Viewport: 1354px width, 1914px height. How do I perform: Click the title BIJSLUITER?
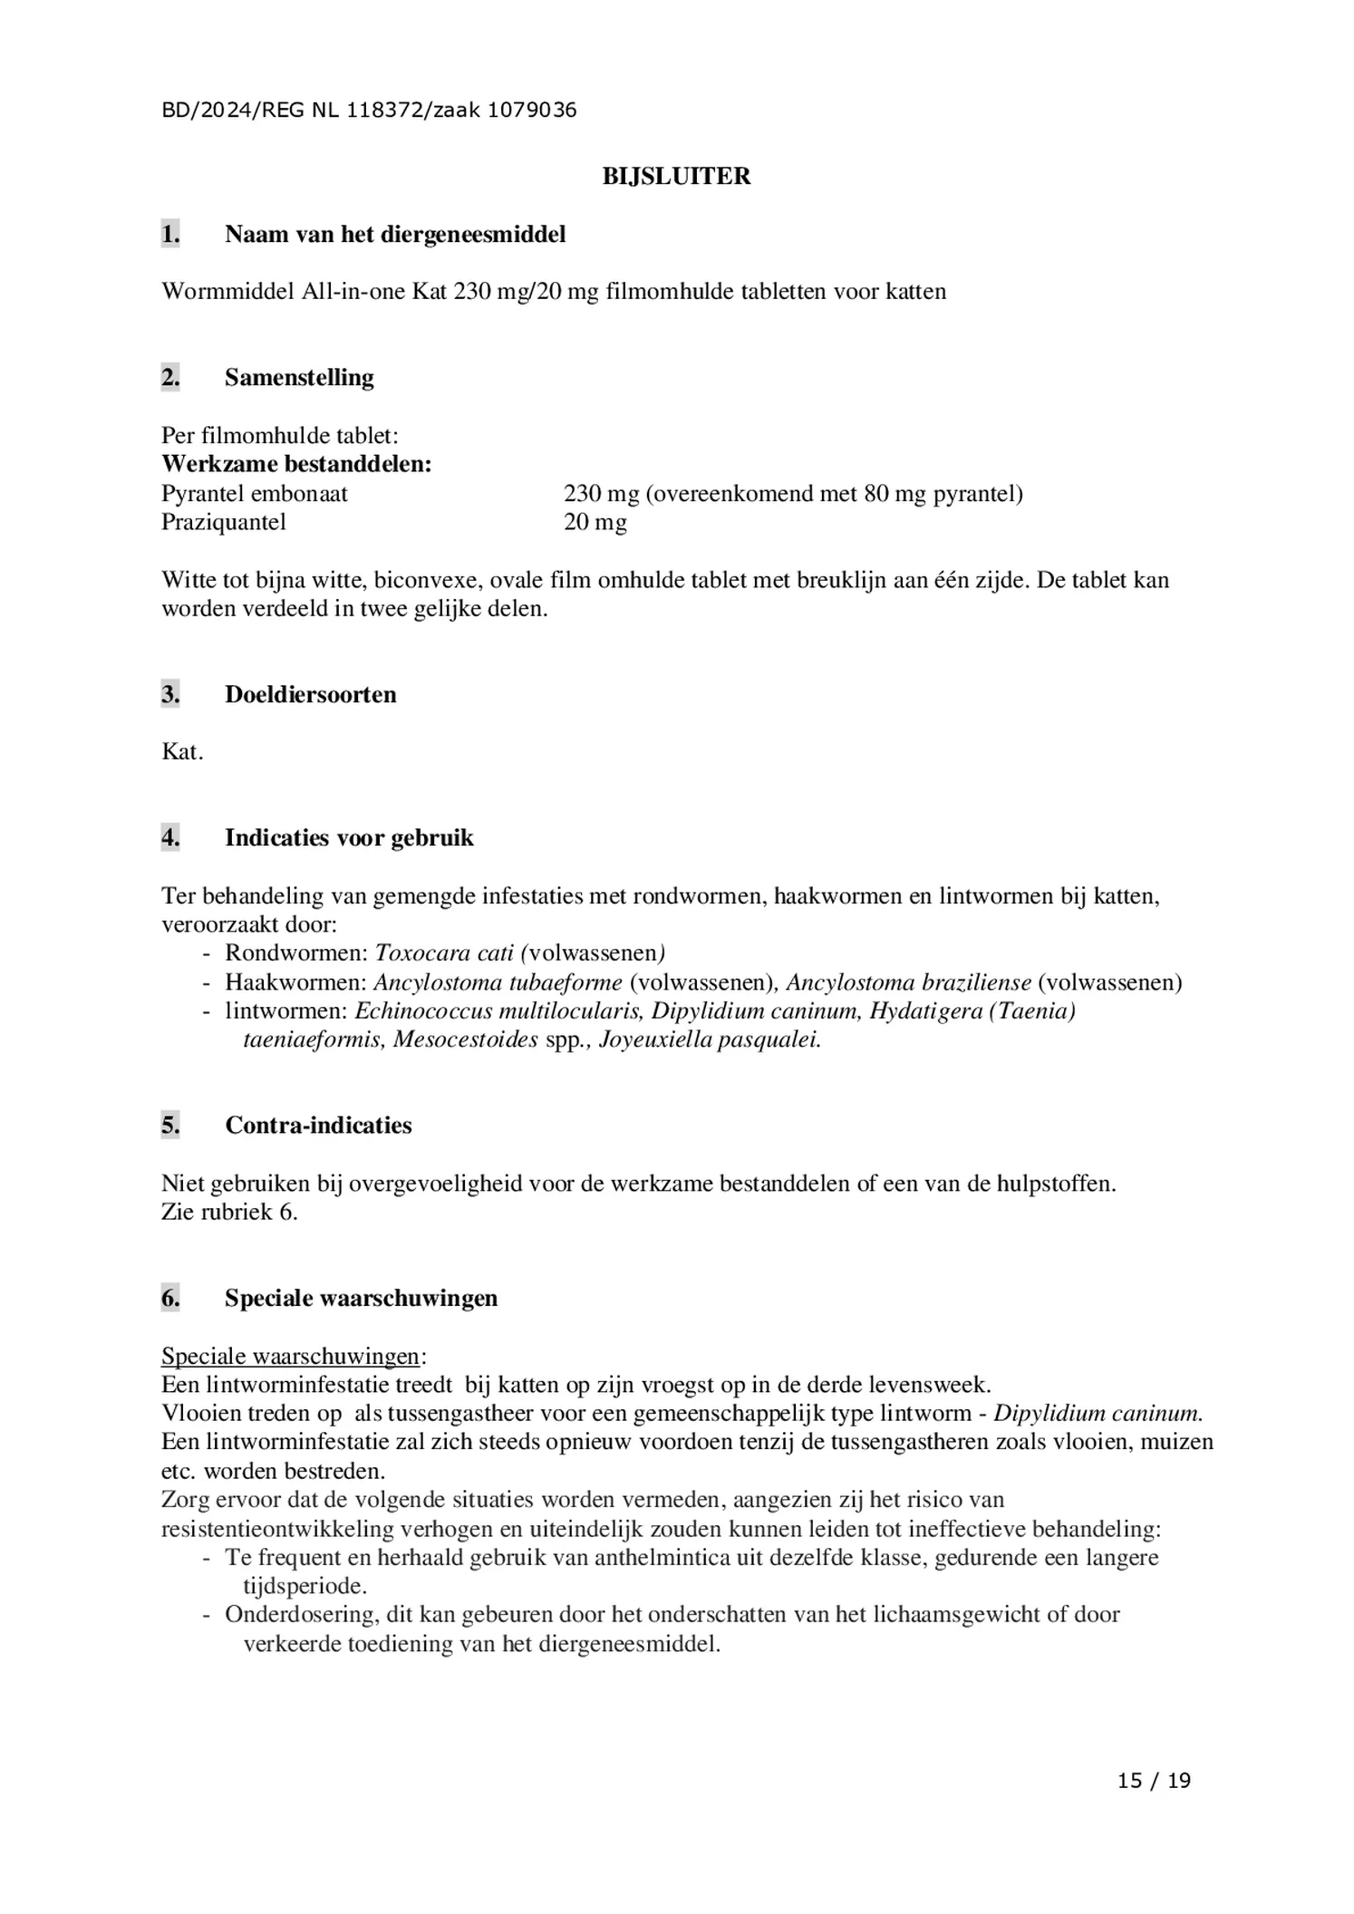[676, 176]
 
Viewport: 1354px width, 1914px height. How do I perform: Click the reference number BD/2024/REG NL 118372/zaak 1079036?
[369, 111]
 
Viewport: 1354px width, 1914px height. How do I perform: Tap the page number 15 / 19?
[1154, 1781]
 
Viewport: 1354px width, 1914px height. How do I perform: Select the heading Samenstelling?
[299, 377]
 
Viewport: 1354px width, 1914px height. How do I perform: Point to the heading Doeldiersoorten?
[310, 694]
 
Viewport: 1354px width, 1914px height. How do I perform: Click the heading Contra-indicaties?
[318, 1125]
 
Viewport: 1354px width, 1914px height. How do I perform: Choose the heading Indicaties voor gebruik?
[349, 837]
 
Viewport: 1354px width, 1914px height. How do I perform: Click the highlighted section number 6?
[170, 1298]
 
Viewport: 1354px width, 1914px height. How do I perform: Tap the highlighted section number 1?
[170, 234]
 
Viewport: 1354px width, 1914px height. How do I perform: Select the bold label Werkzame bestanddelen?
[296, 464]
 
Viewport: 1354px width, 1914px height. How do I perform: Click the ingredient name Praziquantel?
[224, 522]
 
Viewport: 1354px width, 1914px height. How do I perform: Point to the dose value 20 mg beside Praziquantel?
[595, 522]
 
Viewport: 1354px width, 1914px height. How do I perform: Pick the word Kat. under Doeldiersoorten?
[182, 751]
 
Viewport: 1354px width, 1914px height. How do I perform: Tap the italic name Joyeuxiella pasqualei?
[710, 1039]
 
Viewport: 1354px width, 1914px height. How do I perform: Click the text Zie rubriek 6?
[229, 1212]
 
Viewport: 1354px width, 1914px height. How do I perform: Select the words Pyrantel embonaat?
[255, 493]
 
